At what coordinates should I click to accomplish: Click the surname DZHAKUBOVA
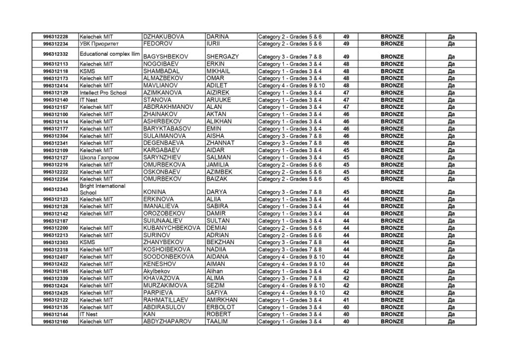(x=164, y=37)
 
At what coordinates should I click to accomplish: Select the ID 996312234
(x=56, y=44)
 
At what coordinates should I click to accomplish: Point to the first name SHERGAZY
(x=222, y=57)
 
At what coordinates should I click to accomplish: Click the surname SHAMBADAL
(x=161, y=71)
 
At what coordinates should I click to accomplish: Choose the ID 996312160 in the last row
(x=56, y=322)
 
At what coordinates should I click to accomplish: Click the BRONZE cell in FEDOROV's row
(x=392, y=44)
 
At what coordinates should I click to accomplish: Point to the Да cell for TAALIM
(x=451, y=322)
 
